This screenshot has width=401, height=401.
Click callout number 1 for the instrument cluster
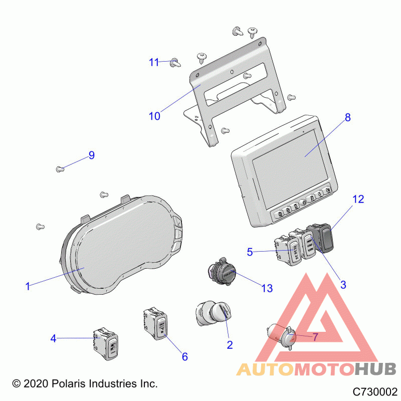click(28, 286)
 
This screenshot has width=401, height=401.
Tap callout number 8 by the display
click(347, 117)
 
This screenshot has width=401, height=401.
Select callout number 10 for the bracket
click(154, 116)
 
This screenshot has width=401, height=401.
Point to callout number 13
click(267, 288)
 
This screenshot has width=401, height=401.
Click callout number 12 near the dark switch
click(358, 199)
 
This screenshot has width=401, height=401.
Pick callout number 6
click(184, 356)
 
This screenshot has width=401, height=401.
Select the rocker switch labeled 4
click(106, 343)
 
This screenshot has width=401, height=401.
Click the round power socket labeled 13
click(222, 272)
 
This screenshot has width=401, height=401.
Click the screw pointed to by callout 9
click(60, 169)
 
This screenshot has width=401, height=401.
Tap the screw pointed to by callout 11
click(175, 62)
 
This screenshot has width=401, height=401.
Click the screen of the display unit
click(290, 169)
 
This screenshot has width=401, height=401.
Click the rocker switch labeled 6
click(155, 323)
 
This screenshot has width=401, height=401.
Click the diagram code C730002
click(374, 391)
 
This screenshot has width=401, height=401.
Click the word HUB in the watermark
click(375, 369)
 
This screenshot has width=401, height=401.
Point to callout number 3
click(343, 285)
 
